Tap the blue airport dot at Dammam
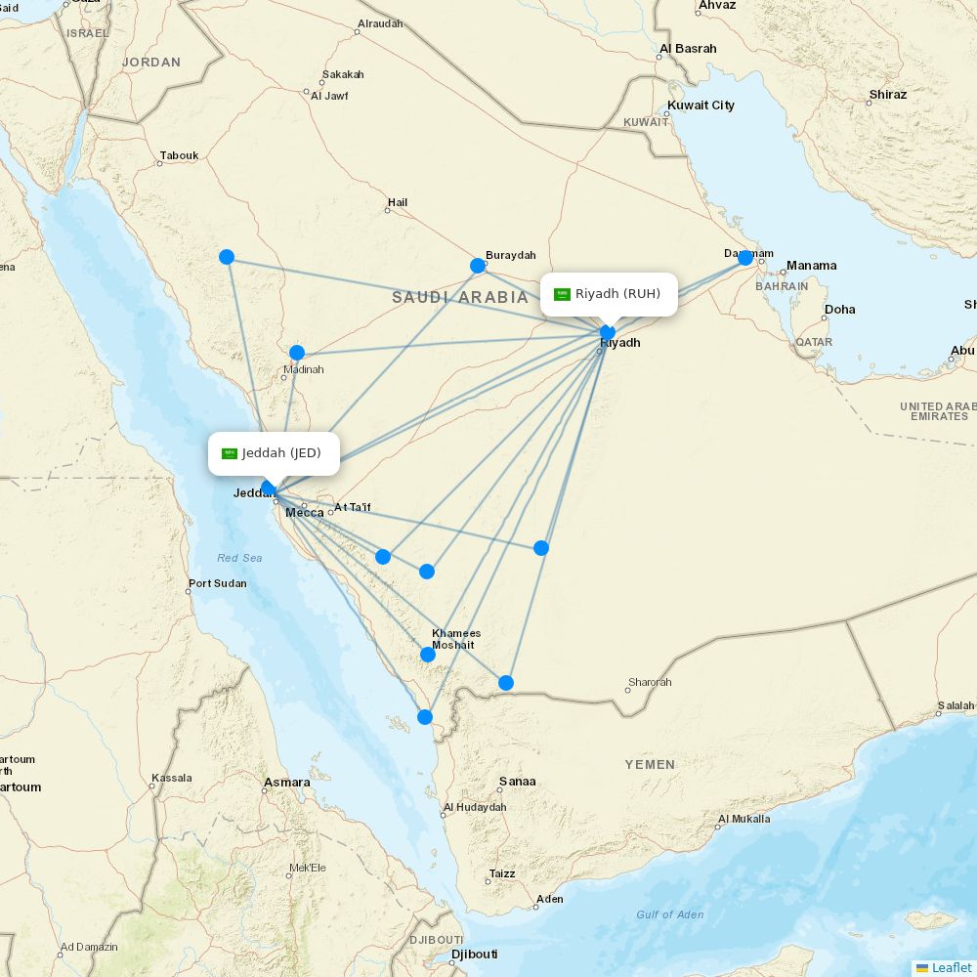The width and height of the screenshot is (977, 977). click(x=745, y=258)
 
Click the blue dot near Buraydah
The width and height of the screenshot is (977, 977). click(x=478, y=266)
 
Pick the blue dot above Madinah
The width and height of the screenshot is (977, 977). click(x=297, y=353)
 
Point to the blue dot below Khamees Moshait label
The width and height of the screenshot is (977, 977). click(x=428, y=655)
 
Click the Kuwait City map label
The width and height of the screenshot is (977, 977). click(x=701, y=106)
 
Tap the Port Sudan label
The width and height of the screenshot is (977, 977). click(x=217, y=584)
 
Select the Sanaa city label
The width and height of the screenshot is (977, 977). click(x=517, y=782)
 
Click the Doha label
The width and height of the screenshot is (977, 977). click(x=839, y=310)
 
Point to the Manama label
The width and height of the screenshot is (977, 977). click(x=811, y=266)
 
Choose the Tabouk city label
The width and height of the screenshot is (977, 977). click(x=179, y=155)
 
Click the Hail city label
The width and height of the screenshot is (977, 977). click(x=398, y=203)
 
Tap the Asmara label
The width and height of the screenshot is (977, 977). click(x=287, y=783)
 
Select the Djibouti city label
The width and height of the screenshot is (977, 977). click(x=474, y=955)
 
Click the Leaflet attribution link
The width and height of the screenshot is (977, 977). click(x=951, y=967)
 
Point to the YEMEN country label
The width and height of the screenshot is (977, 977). click(x=650, y=765)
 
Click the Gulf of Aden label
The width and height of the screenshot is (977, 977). click(x=669, y=914)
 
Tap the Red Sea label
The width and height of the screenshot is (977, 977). click(x=239, y=558)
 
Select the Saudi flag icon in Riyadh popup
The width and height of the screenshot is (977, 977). click(x=562, y=294)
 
